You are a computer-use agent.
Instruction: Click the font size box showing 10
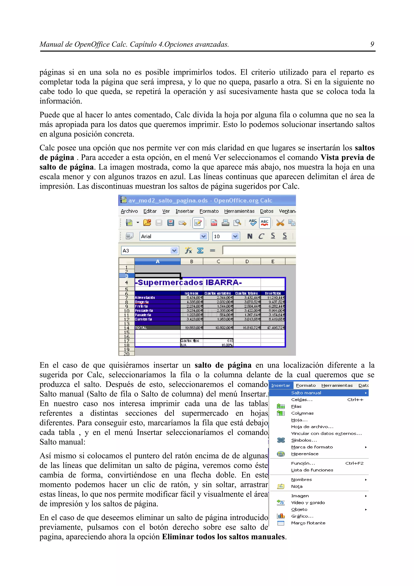pos(222,236)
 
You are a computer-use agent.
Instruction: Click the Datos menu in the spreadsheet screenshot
pos(267,211)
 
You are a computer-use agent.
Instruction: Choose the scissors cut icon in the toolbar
pos(280,223)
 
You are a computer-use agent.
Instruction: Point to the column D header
pos(247,261)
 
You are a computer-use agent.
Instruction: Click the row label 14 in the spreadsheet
pos(127,328)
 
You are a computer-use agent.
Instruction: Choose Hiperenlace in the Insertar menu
pos(305,454)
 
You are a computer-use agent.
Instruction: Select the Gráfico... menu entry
pos(302,516)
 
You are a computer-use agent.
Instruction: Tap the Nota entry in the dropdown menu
pos(297,487)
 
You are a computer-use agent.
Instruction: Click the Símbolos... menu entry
pos(304,440)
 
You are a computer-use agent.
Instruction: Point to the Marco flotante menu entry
pos(308,523)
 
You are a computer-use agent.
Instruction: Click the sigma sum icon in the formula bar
pos(200,251)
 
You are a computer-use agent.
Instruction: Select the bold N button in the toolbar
pos(250,236)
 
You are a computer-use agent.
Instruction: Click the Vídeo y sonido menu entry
pos(308,502)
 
